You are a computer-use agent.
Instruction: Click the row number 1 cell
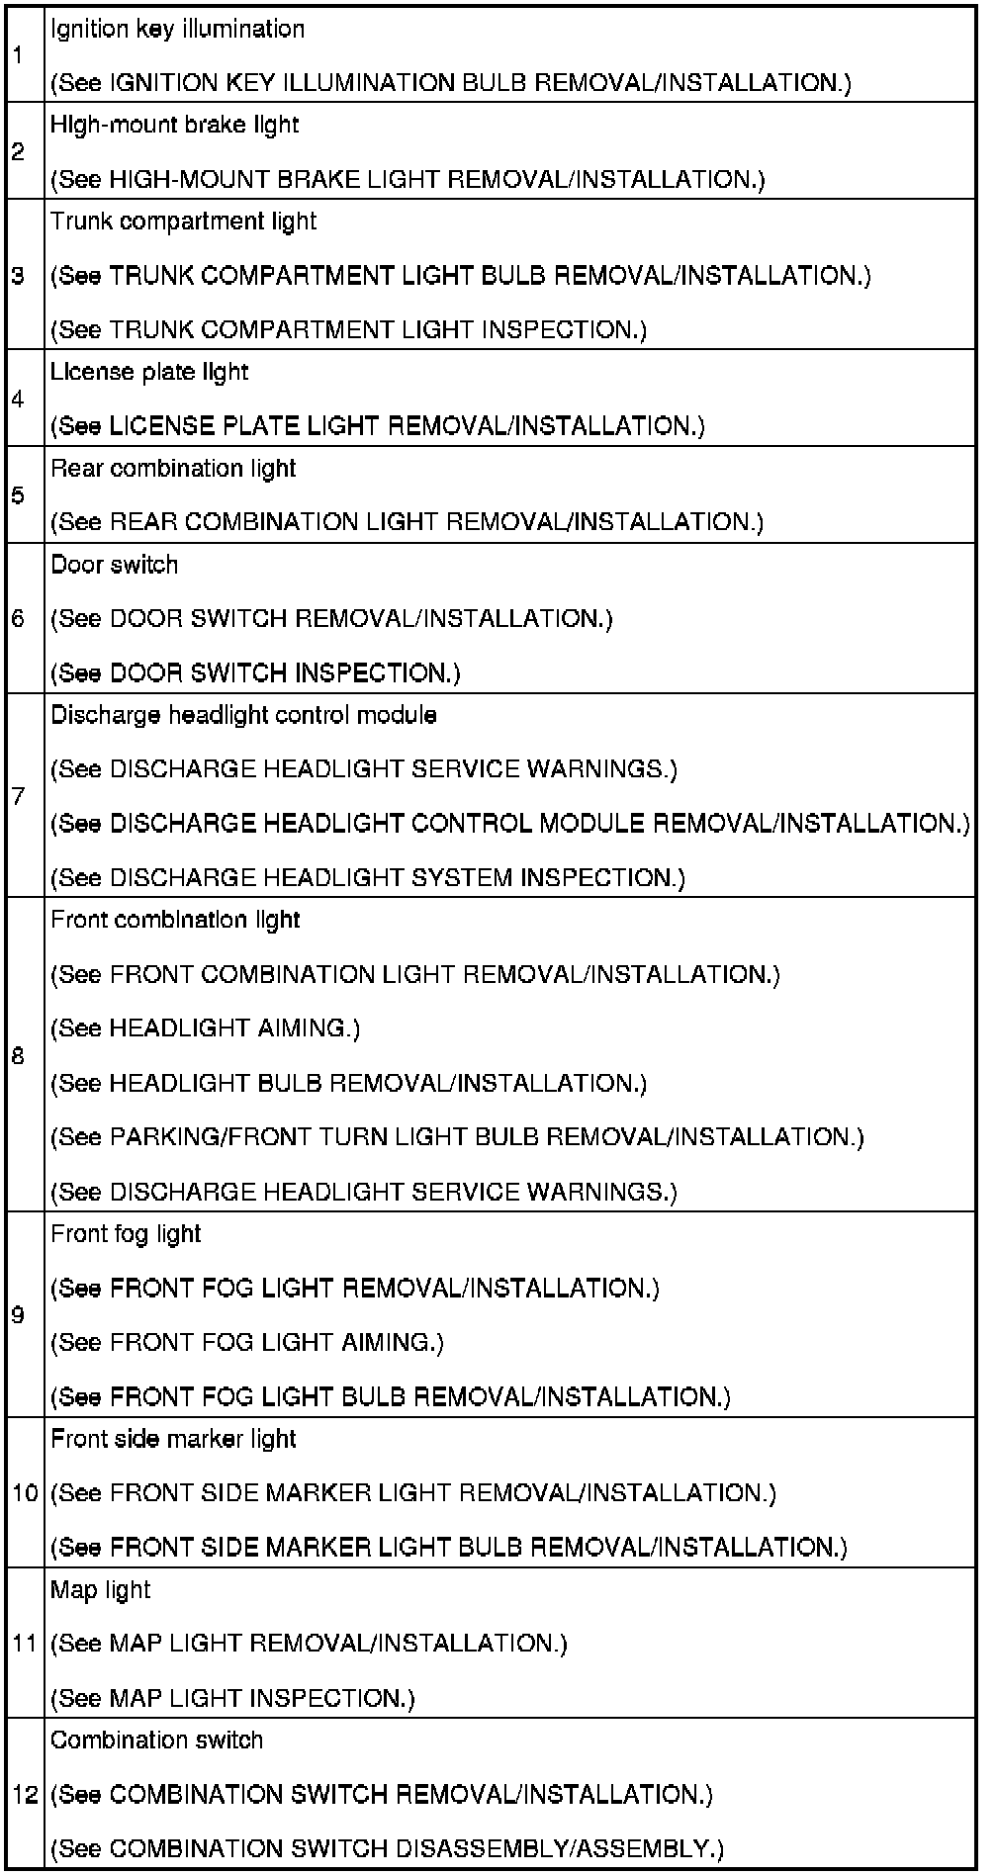pyautogui.click(x=19, y=55)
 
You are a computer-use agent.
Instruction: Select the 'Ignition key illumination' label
pyautogui.click(x=178, y=29)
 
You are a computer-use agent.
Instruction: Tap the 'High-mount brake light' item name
pyautogui.click(x=174, y=125)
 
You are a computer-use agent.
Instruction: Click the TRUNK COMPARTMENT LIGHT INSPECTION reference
pyautogui.click(x=348, y=329)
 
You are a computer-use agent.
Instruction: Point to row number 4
pyautogui.click(x=19, y=399)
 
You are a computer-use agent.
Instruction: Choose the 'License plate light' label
pyautogui.click(x=149, y=372)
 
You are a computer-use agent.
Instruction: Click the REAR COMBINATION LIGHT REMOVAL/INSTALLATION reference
pyautogui.click(x=407, y=521)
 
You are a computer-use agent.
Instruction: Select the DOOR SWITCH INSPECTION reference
pyautogui.click(x=255, y=673)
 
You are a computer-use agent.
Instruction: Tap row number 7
pyautogui.click(x=19, y=796)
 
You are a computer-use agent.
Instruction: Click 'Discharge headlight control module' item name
pyautogui.click(x=243, y=715)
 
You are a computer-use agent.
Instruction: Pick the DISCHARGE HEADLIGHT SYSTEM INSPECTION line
pyautogui.click(x=368, y=877)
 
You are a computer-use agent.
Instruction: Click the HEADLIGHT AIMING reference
pyautogui.click(x=206, y=1028)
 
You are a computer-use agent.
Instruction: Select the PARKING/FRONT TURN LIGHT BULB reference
pyautogui.click(x=457, y=1137)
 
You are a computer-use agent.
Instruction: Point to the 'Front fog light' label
pyautogui.click(x=126, y=1234)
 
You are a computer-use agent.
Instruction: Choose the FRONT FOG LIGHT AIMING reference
pyautogui.click(x=247, y=1342)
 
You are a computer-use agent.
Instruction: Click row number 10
pyautogui.click(x=25, y=1492)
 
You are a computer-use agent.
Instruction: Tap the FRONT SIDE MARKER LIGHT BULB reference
pyautogui.click(x=449, y=1547)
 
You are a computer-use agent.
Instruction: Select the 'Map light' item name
pyautogui.click(x=101, y=1589)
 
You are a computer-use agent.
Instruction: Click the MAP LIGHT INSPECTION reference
pyautogui.click(x=232, y=1698)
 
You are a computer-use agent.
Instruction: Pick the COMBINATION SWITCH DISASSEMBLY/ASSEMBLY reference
pyautogui.click(x=387, y=1848)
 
